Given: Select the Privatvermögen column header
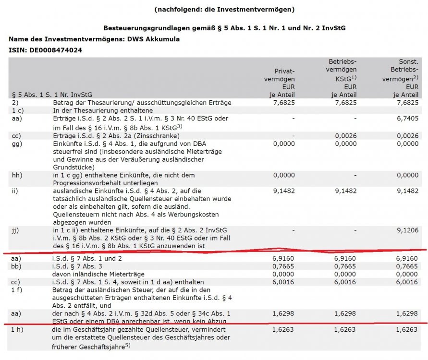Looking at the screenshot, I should coord(282,79).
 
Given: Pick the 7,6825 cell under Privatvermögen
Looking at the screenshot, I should coord(284,103).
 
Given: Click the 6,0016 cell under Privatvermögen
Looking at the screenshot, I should coord(284,283).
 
